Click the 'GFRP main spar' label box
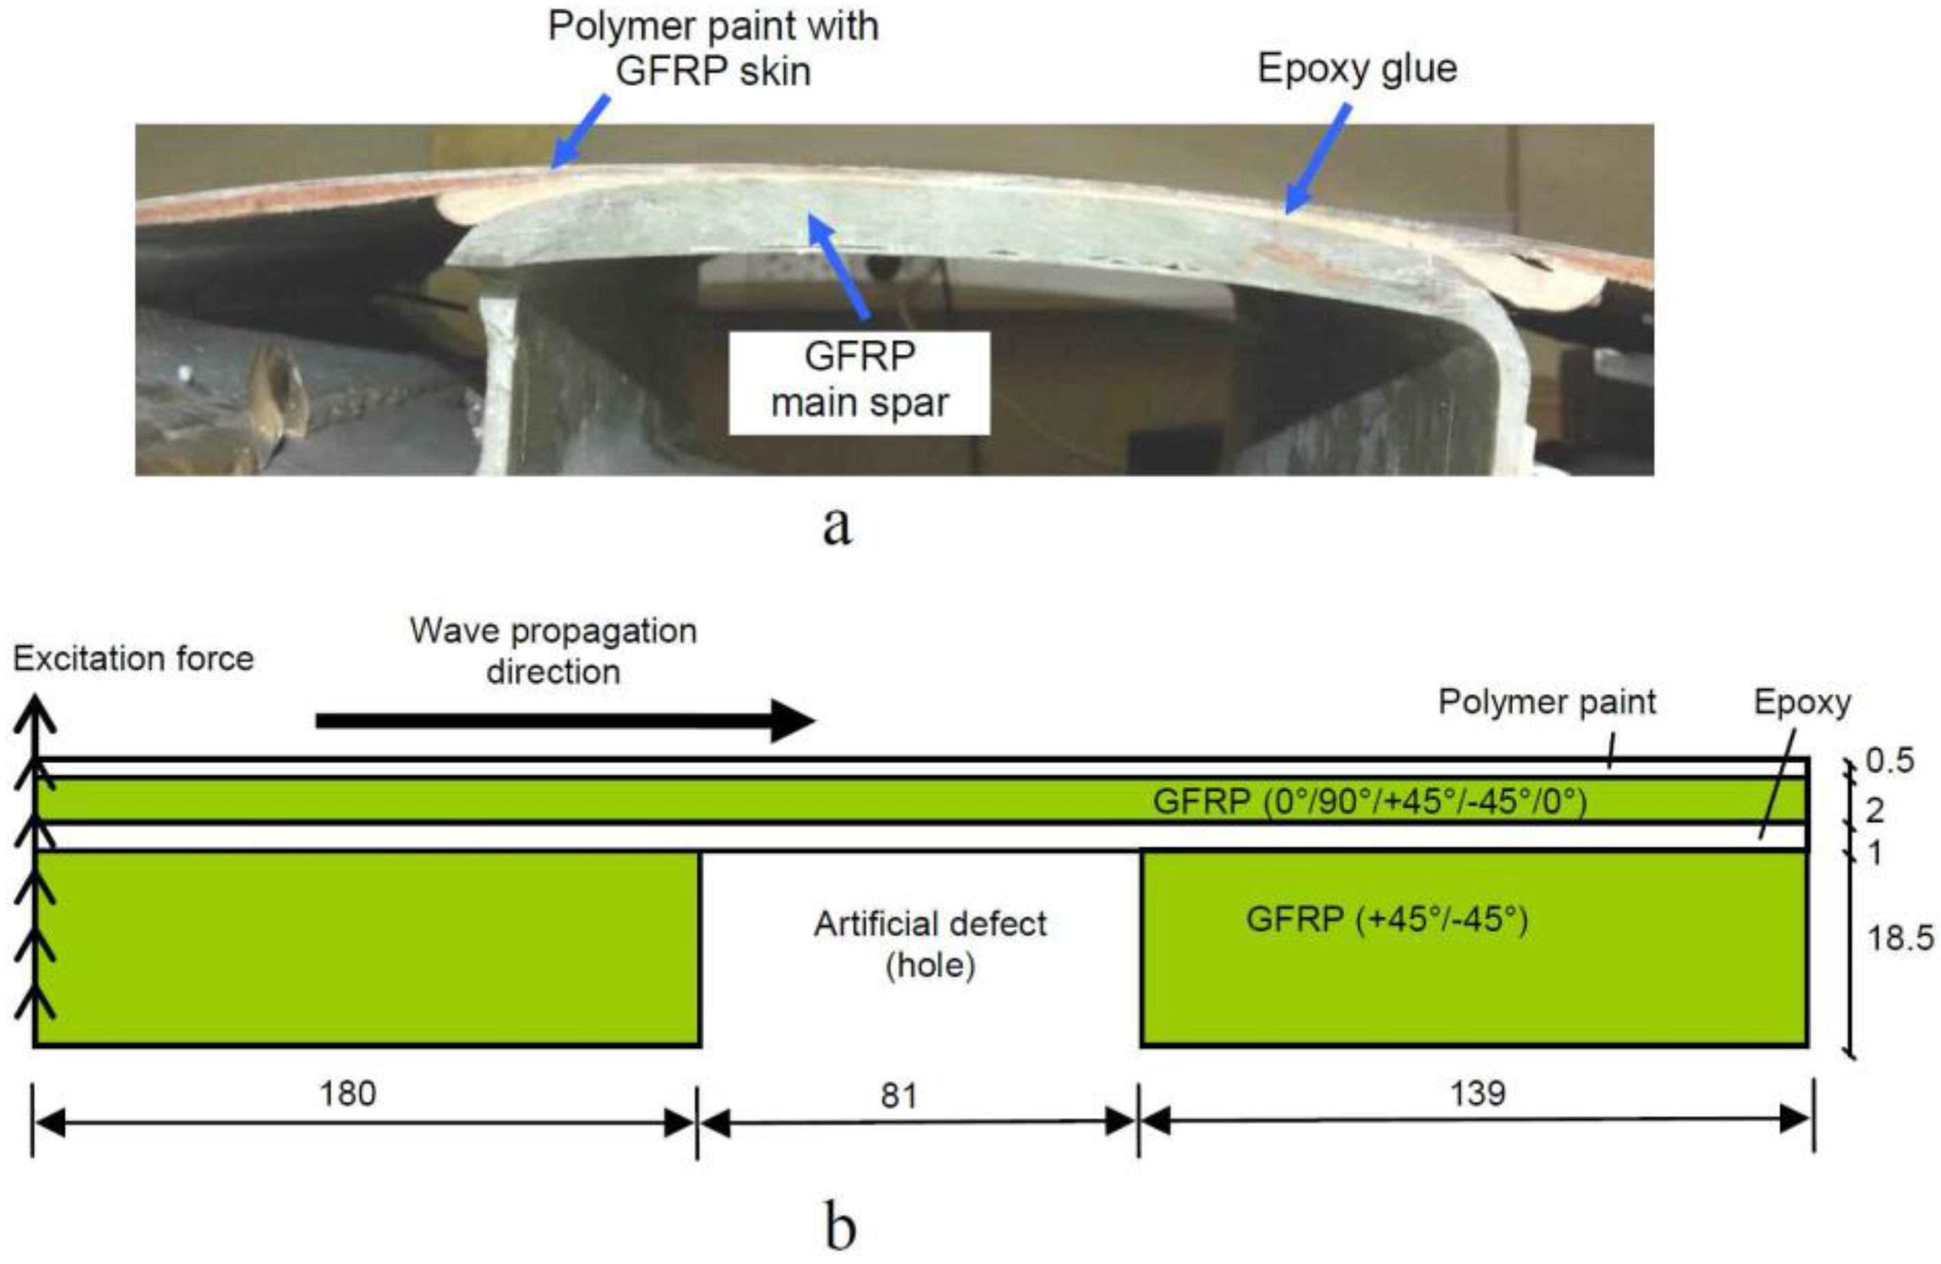click(859, 381)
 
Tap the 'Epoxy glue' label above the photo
click(1357, 69)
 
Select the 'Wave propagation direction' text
click(553, 651)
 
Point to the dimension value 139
click(1477, 1093)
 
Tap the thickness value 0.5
click(1890, 761)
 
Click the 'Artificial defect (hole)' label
click(931, 944)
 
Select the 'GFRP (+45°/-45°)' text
click(1386, 919)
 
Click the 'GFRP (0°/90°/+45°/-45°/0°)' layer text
click(1370, 802)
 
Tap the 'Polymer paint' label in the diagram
click(1546, 702)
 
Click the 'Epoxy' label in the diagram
click(1802, 702)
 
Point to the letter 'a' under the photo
click(837, 526)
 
